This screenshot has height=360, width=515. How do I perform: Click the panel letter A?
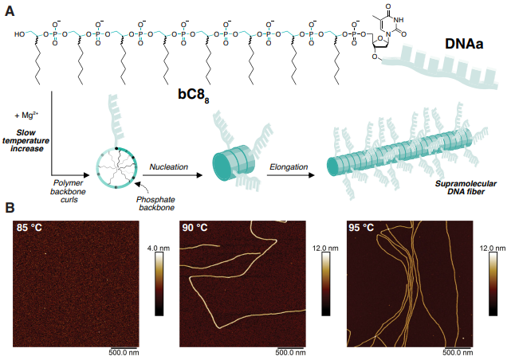pyautogui.click(x=10, y=9)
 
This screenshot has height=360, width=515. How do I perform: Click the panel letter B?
pyautogui.click(x=10, y=208)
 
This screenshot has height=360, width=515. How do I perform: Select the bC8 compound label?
pyautogui.click(x=193, y=96)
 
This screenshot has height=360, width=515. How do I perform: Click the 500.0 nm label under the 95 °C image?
pyautogui.click(x=458, y=351)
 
